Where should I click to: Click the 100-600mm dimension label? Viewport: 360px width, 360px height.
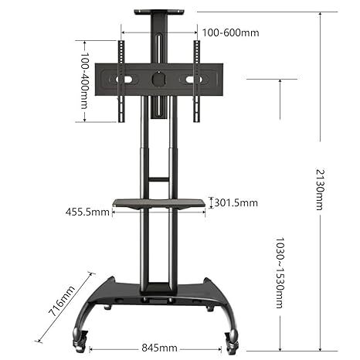pyautogui.click(x=231, y=32)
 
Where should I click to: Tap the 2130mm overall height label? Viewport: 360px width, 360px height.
pyautogui.click(x=320, y=189)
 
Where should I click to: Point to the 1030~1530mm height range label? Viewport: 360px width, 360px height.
pyautogui.click(x=279, y=273)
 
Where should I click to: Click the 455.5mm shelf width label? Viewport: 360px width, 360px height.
pyautogui.click(x=88, y=210)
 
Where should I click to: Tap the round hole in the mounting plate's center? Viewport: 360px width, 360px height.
pyautogui.click(x=158, y=79)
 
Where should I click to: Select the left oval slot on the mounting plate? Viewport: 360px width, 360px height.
pyautogui.click(x=124, y=80)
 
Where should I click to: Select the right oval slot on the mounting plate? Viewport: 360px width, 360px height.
pyautogui.click(x=192, y=80)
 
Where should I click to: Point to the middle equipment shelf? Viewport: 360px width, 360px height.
pyautogui.click(x=159, y=204)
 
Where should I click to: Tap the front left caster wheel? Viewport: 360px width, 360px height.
pyautogui.click(x=80, y=337)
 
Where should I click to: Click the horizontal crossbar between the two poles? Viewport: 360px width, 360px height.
pyautogui.click(x=158, y=179)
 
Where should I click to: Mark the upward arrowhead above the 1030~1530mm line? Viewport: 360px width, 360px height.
pyautogui.click(x=279, y=82)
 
